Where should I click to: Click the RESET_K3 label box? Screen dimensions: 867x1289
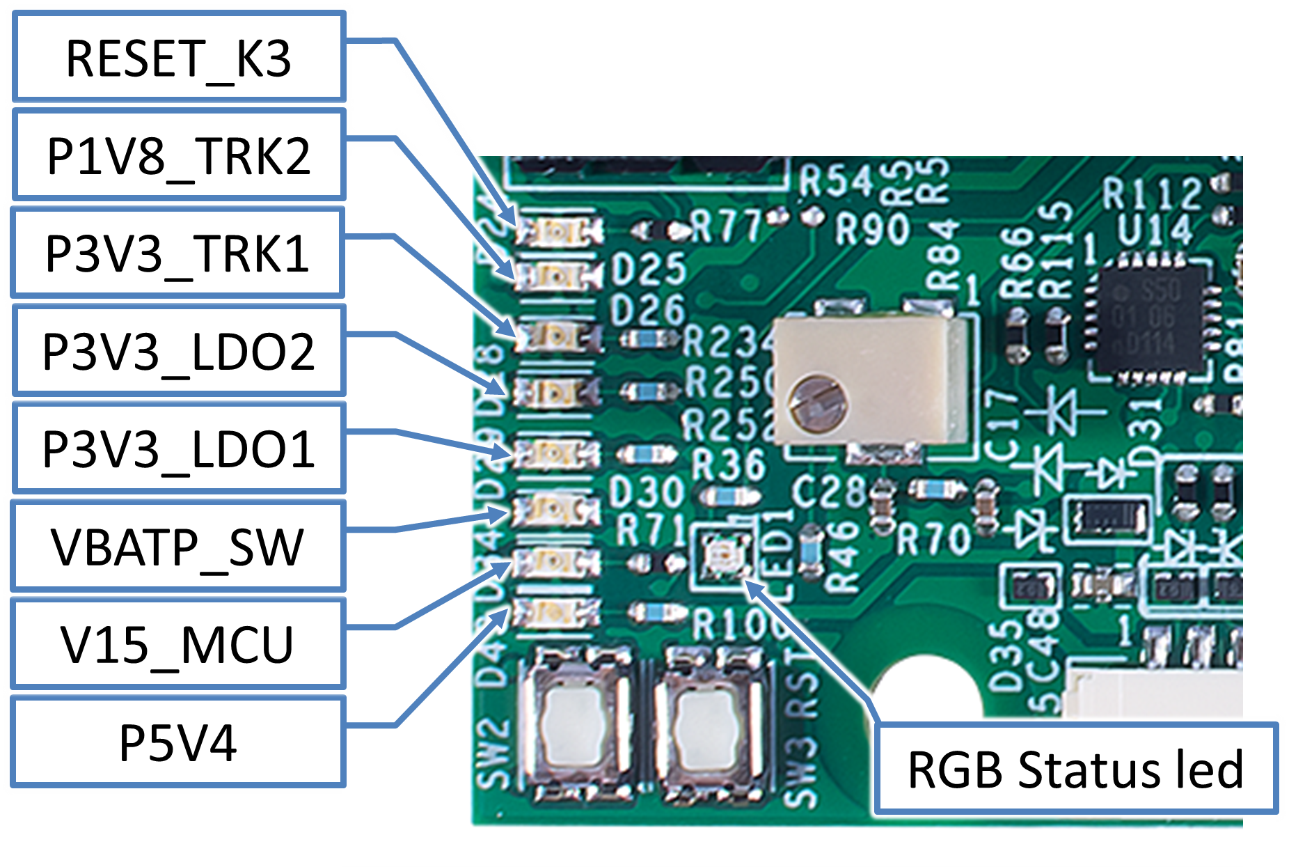pyautogui.click(x=178, y=57)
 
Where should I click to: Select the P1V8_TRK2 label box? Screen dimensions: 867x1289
pyautogui.click(x=178, y=155)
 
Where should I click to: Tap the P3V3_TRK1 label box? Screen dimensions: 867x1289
pyautogui.click(x=178, y=252)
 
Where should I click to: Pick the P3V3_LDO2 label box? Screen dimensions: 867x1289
pyautogui.click(x=178, y=350)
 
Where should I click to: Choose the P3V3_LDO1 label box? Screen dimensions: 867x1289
pyautogui.click(x=178, y=448)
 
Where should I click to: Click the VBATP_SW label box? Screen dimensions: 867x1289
pyautogui.click(x=178, y=546)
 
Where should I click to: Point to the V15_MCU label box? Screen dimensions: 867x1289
pyautogui.click(x=178, y=643)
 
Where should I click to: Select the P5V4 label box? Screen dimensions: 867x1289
pyautogui.click(x=178, y=742)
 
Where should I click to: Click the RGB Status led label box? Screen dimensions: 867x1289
pyautogui.click(x=1075, y=769)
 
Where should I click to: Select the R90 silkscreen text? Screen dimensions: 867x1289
pyautogui.click(x=873, y=228)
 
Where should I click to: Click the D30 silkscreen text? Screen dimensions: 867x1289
pyautogui.click(x=647, y=492)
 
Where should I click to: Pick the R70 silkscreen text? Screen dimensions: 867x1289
pyautogui.click(x=933, y=538)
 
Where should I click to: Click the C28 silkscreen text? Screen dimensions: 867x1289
pyautogui.click(x=828, y=492)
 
